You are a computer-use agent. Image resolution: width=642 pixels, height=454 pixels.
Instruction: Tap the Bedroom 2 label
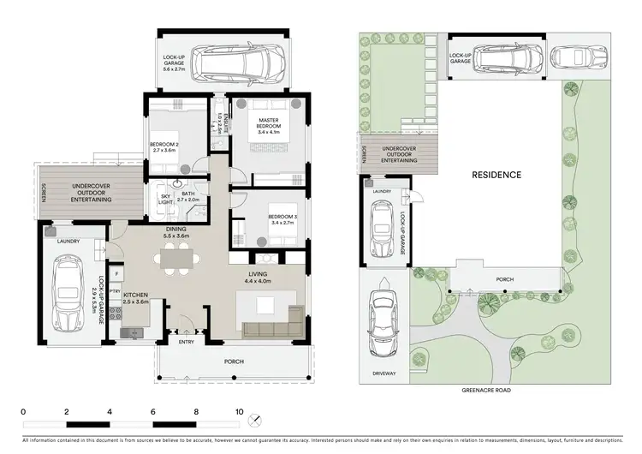tap(163, 146)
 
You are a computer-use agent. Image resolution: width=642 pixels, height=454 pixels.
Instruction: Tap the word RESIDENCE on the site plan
tap(496, 175)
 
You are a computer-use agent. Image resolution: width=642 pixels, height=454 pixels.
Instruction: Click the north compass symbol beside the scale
tap(254, 420)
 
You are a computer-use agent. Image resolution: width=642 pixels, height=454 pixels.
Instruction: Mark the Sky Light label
tap(166, 200)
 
